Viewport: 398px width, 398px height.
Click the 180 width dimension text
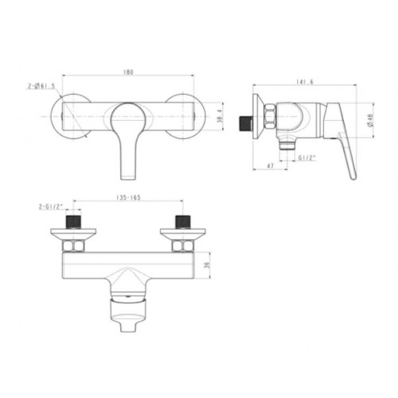(129, 72)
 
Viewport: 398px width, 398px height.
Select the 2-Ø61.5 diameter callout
(43, 86)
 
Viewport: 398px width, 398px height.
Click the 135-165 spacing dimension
(129, 198)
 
